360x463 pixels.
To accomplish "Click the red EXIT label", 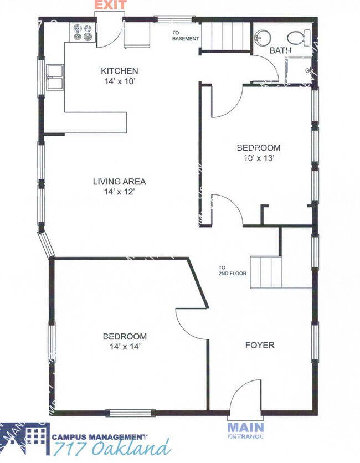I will click(111, 6).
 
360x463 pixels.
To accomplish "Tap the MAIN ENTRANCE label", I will click(245, 430).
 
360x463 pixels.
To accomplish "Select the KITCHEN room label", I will click(119, 71).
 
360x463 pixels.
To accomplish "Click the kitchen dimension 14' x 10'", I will click(119, 81).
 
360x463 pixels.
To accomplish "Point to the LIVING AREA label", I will click(119, 181).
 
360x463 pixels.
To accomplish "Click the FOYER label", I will click(260, 345).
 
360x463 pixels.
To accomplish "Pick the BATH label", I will click(280, 50).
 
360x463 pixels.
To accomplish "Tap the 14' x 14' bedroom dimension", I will click(125, 347).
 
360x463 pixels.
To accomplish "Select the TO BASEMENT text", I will click(185, 35).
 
